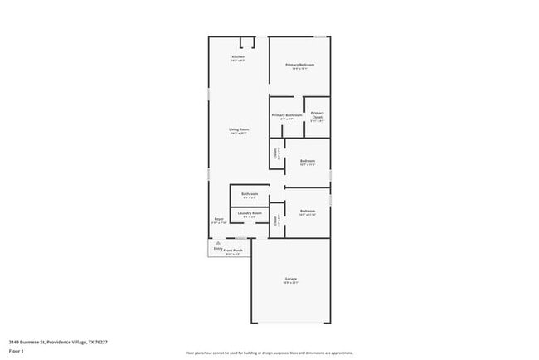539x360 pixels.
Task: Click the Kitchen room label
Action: coord(238,56)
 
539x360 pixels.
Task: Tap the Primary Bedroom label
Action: coord(299,65)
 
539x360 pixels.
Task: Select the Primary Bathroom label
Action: coord(287,115)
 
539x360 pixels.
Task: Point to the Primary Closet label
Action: coord(317,114)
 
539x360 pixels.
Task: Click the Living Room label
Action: coord(239,129)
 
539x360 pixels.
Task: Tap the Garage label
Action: coord(291,278)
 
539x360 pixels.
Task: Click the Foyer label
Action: coord(218,219)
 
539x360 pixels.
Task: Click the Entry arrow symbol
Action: coord(218,242)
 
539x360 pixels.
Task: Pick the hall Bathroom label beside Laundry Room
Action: coord(250,193)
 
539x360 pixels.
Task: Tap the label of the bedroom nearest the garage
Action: coord(307,212)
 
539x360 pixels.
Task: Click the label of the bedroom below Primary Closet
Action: coord(307,161)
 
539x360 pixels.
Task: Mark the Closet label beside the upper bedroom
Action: coord(275,153)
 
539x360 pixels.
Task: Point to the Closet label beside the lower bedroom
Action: coord(275,220)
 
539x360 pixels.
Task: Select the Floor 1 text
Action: coord(17,352)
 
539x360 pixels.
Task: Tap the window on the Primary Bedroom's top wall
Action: coord(320,36)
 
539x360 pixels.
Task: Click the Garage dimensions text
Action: coord(291,282)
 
